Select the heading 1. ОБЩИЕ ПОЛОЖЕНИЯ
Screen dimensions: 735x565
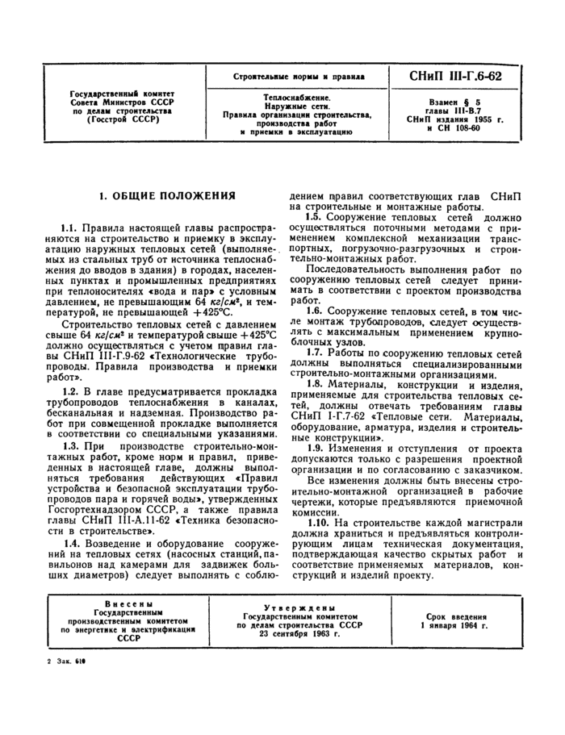tap(167, 196)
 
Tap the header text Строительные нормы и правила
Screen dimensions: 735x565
tap(293, 77)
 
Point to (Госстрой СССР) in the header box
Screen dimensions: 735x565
tap(123, 120)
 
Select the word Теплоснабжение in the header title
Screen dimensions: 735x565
tap(293, 95)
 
